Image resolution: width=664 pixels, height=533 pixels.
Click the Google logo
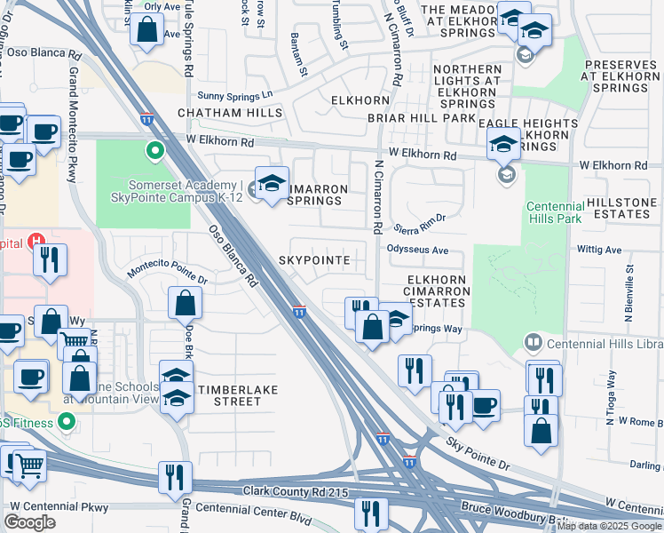coord(29,522)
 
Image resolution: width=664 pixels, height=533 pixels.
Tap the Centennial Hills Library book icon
coord(534,341)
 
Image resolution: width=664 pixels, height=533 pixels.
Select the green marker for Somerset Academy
coord(156,151)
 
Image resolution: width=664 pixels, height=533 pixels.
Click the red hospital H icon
coord(36,241)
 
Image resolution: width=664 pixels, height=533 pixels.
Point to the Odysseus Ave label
coord(418,251)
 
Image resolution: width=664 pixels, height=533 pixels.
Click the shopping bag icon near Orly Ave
coord(147,29)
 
